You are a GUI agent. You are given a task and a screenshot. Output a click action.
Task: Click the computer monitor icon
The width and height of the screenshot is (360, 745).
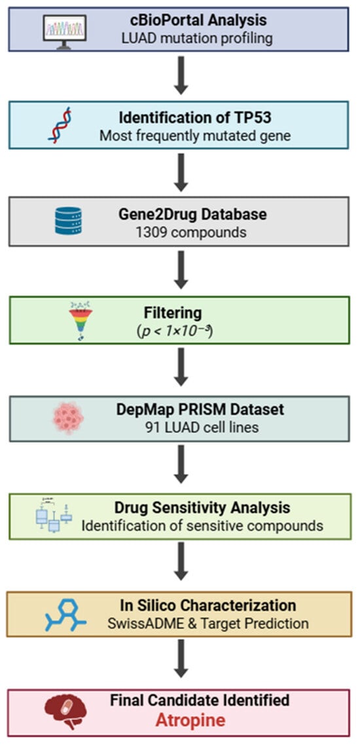65,29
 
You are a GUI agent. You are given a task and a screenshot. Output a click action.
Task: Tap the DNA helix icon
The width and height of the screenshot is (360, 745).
60,124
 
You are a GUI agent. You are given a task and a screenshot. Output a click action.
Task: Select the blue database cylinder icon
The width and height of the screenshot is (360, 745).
68,220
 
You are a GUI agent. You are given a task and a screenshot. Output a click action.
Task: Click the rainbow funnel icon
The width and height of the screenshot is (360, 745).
81,319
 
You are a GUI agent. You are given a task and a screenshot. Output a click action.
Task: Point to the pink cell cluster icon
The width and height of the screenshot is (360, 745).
67,418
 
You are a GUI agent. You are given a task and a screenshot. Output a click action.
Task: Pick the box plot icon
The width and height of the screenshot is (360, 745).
53,517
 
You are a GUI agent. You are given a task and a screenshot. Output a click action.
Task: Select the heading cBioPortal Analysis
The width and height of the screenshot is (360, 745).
198,21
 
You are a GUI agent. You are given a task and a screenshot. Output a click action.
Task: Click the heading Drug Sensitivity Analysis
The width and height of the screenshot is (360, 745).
202,508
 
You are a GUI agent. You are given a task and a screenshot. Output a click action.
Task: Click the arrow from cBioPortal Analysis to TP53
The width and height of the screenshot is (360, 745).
181,75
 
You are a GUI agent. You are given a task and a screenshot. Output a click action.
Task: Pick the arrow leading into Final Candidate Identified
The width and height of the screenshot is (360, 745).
181,658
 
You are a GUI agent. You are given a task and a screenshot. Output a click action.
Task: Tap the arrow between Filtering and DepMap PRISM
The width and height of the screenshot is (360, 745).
181,367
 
